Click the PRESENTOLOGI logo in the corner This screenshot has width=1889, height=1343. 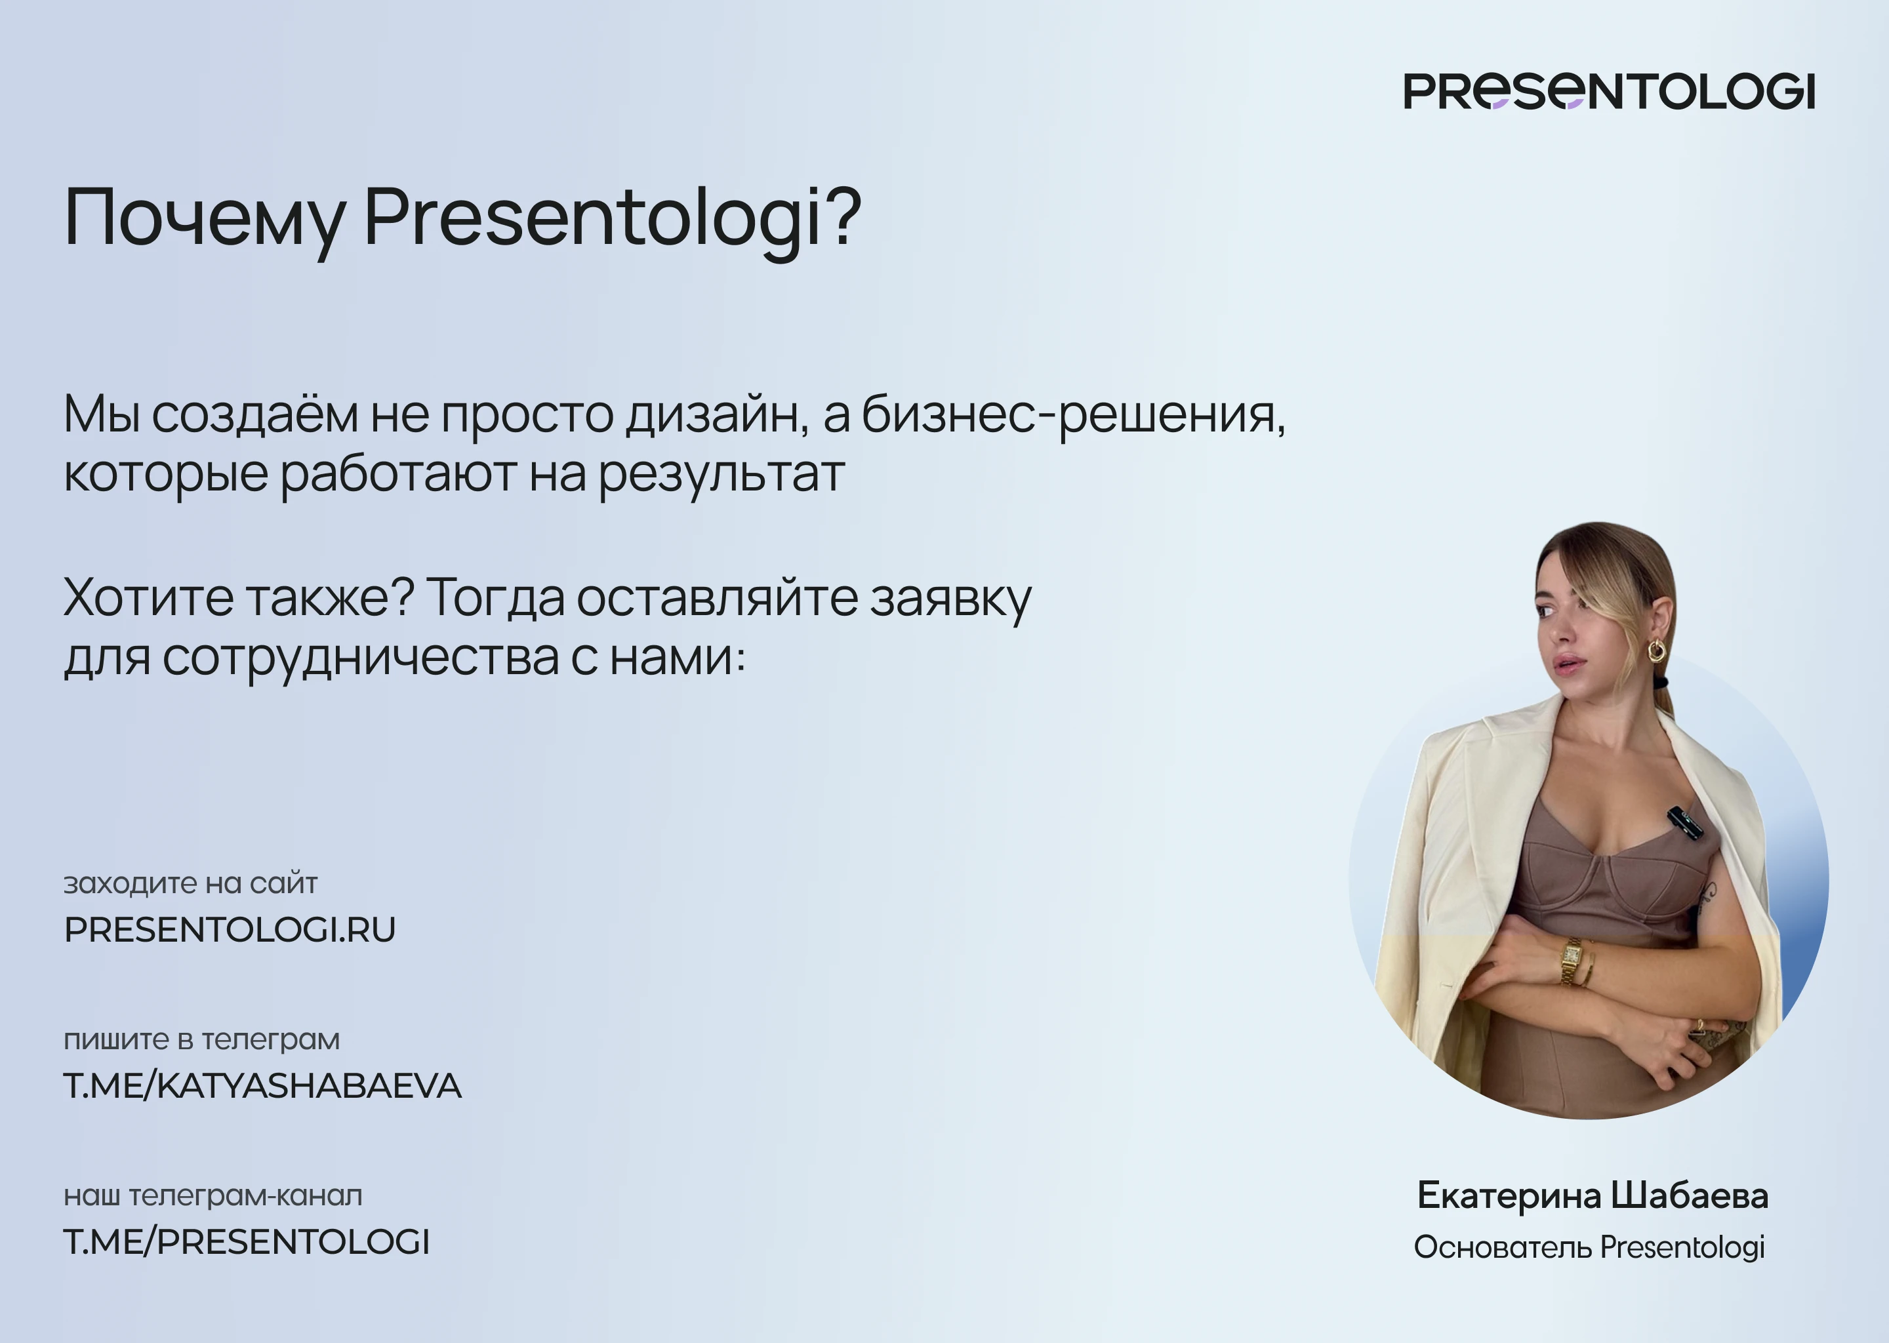[1609, 91]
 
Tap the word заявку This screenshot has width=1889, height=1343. [950, 599]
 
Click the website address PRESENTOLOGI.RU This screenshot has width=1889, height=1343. [230, 929]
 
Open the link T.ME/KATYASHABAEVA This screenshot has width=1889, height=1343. [262, 1086]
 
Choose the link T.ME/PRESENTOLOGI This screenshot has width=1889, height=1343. [247, 1242]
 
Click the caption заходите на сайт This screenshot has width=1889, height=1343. [190, 883]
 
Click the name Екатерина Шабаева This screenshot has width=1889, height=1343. [1592, 1197]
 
